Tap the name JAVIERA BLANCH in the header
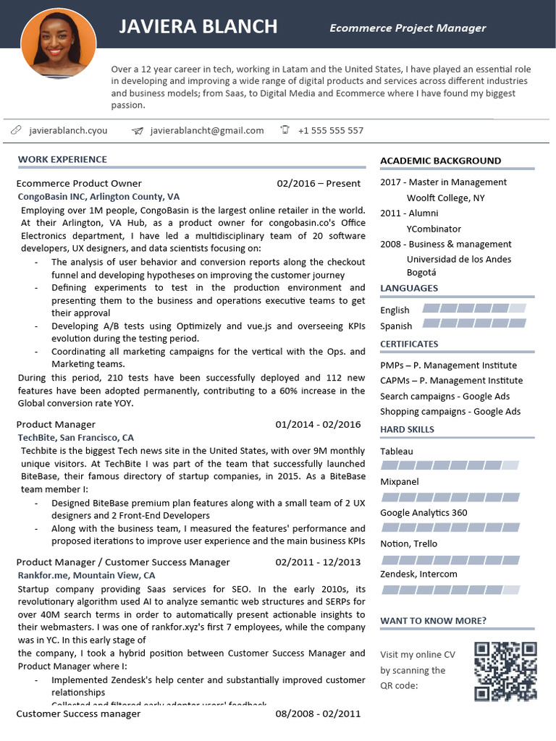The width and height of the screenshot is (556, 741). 198,27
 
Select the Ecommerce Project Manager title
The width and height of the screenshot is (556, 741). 408,28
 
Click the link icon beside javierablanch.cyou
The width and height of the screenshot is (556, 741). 16,130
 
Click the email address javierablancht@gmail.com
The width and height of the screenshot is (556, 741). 207,131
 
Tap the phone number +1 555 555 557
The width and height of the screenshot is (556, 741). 330,131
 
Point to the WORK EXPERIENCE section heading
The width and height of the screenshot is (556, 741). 62,159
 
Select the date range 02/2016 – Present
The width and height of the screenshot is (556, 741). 319,183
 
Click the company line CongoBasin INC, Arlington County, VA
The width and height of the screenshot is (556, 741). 98,197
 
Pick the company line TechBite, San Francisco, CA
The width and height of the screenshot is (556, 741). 75,438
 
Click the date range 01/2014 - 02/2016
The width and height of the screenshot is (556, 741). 318,424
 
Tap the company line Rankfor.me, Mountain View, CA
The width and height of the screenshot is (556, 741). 86,575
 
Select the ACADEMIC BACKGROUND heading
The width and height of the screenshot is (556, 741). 440,161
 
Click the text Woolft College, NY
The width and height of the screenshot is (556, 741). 445,198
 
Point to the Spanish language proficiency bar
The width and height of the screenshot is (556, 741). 473,323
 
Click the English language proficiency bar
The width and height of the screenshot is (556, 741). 473,308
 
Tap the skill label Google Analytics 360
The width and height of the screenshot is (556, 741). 424,513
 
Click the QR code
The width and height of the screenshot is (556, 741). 505,672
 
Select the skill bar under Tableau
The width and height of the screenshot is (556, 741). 450,465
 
